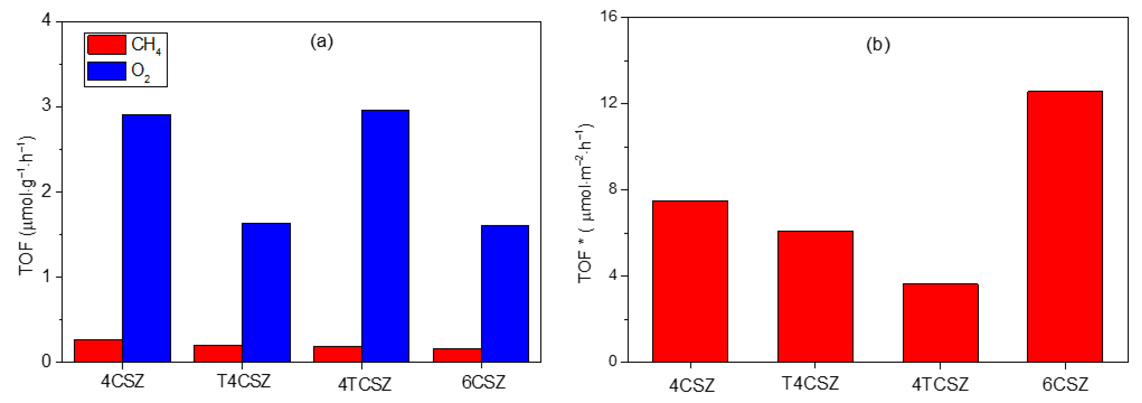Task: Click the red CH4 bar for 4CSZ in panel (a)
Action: click(98, 351)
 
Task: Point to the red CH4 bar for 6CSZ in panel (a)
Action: click(457, 355)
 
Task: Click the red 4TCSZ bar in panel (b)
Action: click(940, 323)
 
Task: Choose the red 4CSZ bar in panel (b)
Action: click(690, 281)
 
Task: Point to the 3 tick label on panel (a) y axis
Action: click(47, 106)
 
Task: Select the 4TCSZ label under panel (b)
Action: click(940, 384)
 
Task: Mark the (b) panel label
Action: click(878, 45)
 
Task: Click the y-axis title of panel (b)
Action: click(585, 203)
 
